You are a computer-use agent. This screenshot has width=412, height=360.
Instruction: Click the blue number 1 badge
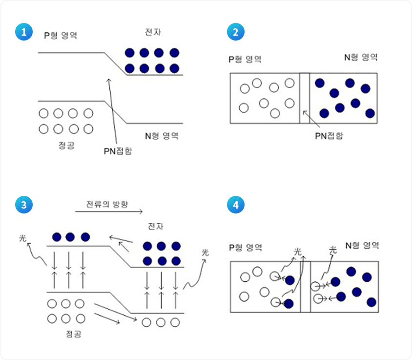click(23, 32)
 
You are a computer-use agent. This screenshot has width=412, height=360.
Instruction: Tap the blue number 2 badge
click(236, 32)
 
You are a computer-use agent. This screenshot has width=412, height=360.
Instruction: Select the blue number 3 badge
click(23, 205)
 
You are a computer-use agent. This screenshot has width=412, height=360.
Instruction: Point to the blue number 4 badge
click(236, 205)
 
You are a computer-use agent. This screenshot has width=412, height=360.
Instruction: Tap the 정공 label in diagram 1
click(66, 145)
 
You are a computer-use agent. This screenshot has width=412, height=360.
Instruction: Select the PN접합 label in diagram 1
click(118, 151)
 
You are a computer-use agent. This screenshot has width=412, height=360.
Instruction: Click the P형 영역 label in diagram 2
click(245, 59)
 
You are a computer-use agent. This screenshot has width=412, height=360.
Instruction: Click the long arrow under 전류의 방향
click(108, 212)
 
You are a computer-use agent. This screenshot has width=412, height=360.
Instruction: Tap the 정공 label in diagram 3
click(73, 334)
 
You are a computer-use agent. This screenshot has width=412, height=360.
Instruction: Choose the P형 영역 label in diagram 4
click(246, 248)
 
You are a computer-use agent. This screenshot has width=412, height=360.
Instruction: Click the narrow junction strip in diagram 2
click(304, 98)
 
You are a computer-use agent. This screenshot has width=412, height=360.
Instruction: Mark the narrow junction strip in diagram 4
click(305, 286)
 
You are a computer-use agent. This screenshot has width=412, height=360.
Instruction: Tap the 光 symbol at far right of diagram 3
click(205, 253)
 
